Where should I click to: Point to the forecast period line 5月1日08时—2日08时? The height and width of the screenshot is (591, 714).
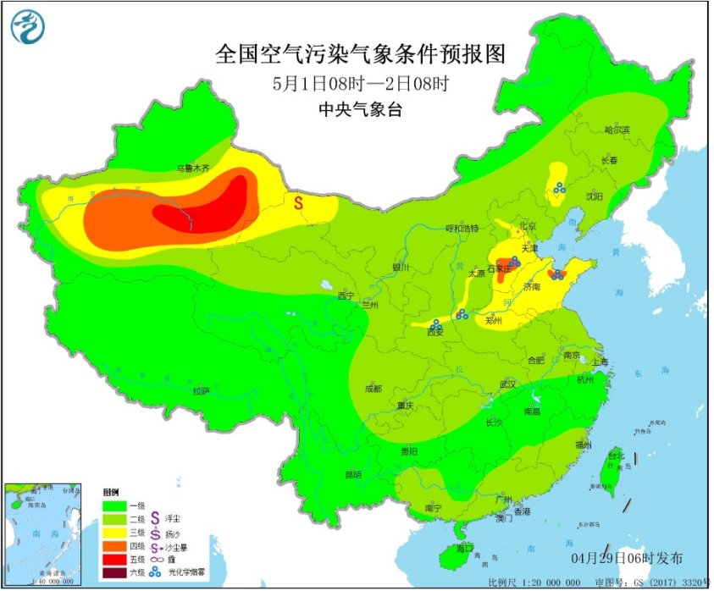point(360,84)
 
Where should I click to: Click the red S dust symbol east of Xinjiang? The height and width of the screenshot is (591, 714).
point(299,203)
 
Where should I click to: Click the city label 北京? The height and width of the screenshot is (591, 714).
point(528,226)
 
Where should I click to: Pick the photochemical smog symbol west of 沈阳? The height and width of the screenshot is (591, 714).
point(560,190)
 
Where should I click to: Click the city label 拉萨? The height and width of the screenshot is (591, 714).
point(200,391)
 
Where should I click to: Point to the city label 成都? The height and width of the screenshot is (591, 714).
point(373,388)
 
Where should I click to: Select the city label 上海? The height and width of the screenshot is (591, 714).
point(601,362)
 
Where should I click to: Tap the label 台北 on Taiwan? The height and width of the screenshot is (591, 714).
point(616,456)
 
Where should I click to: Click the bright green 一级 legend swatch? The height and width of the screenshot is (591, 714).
point(115,505)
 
